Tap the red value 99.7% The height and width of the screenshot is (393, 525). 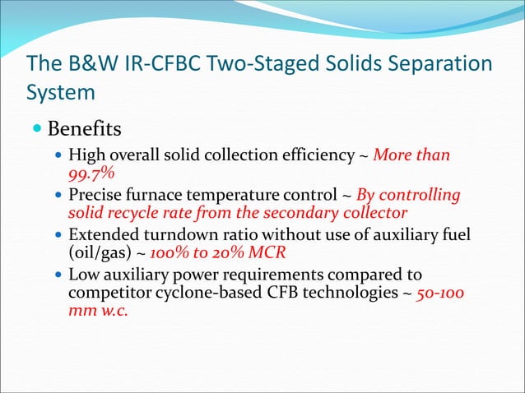(x=91, y=173)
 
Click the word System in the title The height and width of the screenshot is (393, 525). (x=61, y=92)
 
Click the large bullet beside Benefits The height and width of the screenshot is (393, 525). (x=39, y=131)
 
